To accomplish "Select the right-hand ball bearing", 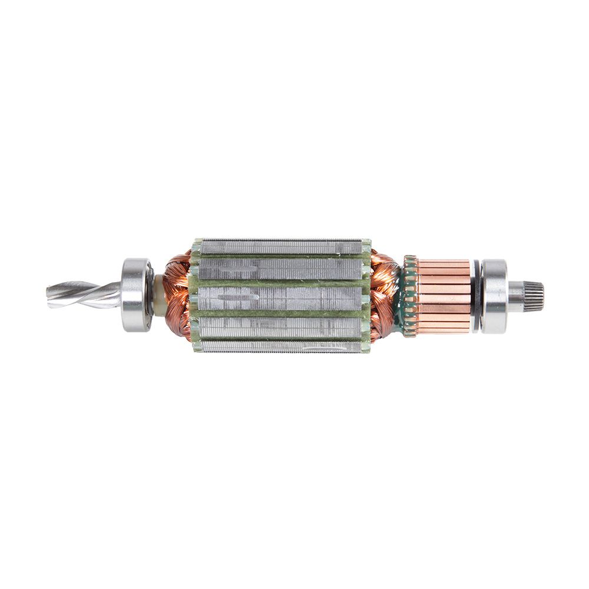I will click(494, 295).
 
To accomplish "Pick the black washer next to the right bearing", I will click(476, 295).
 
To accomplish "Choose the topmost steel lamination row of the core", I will click(282, 246).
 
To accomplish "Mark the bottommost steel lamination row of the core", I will click(282, 346).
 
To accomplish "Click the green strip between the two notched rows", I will click(282, 283).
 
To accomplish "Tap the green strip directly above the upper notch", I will click(282, 257).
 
